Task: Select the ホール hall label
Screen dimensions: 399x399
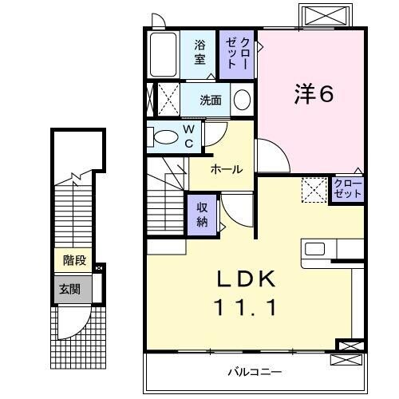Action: [x=227, y=170]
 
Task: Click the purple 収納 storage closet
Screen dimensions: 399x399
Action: [x=203, y=212]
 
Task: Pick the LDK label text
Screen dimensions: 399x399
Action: [x=248, y=279]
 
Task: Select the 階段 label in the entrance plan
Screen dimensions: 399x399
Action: [x=74, y=260]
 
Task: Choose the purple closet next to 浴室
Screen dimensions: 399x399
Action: [x=238, y=53]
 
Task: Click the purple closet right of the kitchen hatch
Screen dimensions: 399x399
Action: [x=347, y=189]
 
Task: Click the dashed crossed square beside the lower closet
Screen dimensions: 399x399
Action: [x=313, y=190]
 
